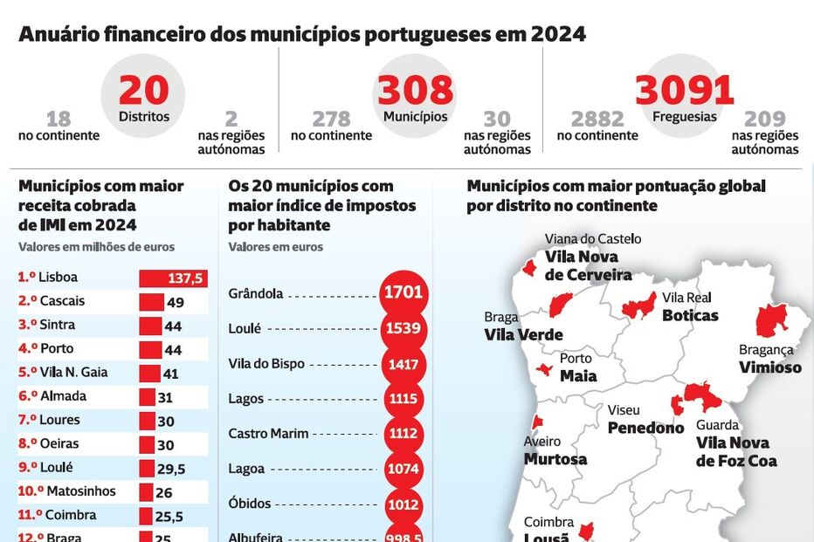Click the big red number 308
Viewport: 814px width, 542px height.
coord(416,91)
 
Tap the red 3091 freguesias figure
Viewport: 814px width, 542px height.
coord(684,91)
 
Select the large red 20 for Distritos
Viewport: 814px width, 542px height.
coord(143,91)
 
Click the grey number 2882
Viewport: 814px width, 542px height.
coord(597,119)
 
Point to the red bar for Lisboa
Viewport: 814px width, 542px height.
coord(173,278)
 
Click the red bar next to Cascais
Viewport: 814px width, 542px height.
coord(150,302)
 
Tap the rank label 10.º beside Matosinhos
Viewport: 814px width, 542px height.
coord(31,491)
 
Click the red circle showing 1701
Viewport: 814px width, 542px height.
coord(403,293)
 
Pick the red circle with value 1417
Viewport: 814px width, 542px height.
coord(403,364)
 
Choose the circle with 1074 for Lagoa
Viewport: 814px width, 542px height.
coord(403,469)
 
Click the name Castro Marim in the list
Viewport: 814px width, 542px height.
coord(266,434)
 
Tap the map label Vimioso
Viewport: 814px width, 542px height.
coord(769,367)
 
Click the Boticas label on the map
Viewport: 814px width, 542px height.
coord(690,315)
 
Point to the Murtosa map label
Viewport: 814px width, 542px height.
coord(555,459)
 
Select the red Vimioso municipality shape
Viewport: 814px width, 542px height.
coord(771,320)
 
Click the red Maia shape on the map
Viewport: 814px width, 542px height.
coord(545,370)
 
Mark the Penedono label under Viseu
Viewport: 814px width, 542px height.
coord(645,428)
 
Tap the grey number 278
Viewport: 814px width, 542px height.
coord(331,119)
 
